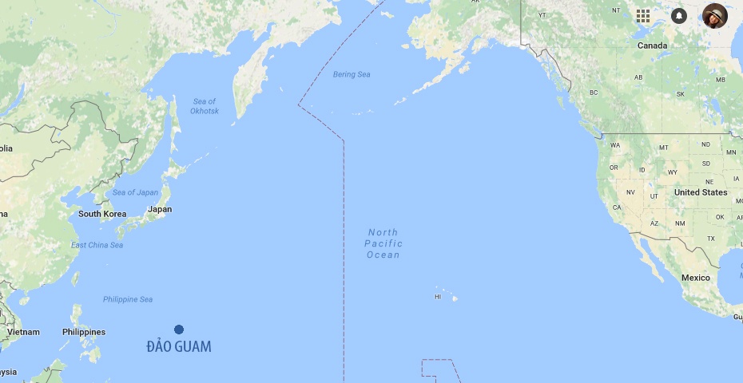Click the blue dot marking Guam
pyautogui.click(x=179, y=330)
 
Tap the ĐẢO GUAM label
pyautogui.click(x=179, y=346)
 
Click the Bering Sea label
pyautogui.click(x=352, y=74)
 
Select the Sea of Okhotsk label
pyautogui.click(x=205, y=106)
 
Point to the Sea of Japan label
pyautogui.click(x=135, y=192)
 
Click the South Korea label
pyautogui.click(x=102, y=214)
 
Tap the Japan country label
pyautogui.click(x=160, y=209)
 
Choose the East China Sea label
pyautogui.click(x=97, y=245)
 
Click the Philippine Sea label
pyautogui.click(x=128, y=299)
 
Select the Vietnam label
pyautogui.click(x=23, y=332)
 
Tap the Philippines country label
pyautogui.click(x=84, y=332)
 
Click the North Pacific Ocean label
pyautogui.click(x=383, y=243)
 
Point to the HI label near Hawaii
pyautogui.click(x=438, y=297)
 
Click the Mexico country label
pyautogui.click(x=695, y=278)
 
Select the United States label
pyautogui.click(x=701, y=192)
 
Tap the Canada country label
pyautogui.click(x=652, y=45)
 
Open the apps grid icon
pyautogui.click(x=643, y=16)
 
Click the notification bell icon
pyautogui.click(x=679, y=16)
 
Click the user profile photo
pyautogui.click(x=715, y=16)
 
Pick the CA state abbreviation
pyautogui.click(x=617, y=207)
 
